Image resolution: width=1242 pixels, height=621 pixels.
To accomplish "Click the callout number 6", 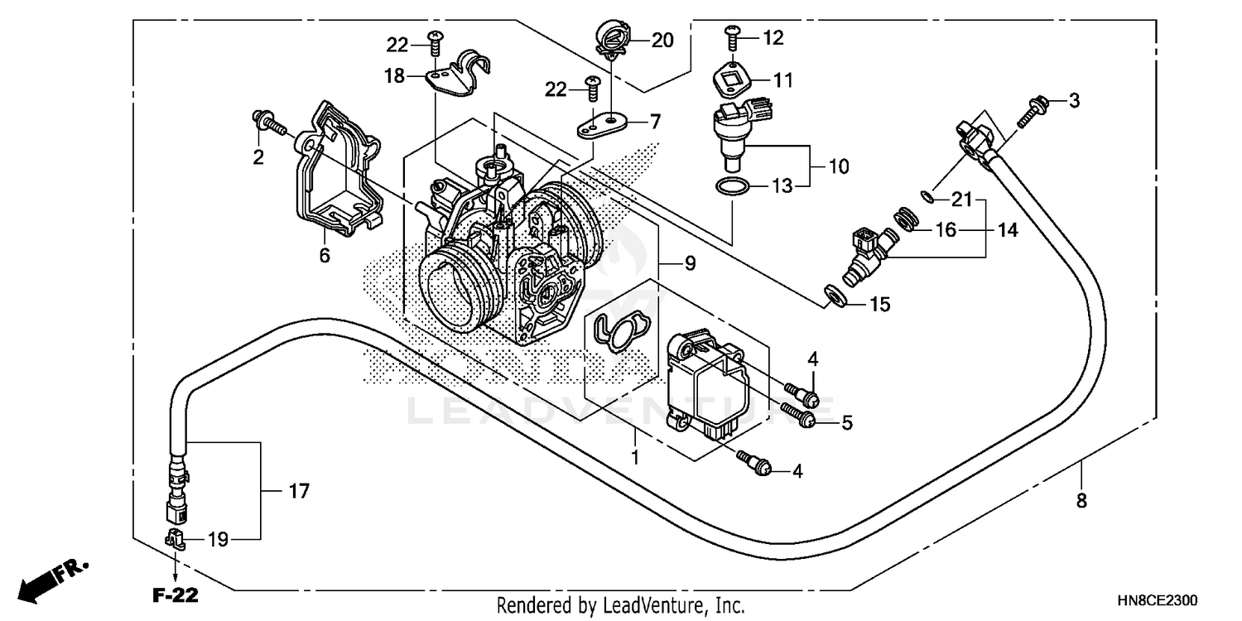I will [x=325, y=256].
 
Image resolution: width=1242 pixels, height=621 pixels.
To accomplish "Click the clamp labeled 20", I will [x=613, y=40].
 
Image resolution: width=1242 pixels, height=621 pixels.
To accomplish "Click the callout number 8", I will [x=1081, y=500].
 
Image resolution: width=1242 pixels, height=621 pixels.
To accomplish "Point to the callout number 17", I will [x=299, y=491].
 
